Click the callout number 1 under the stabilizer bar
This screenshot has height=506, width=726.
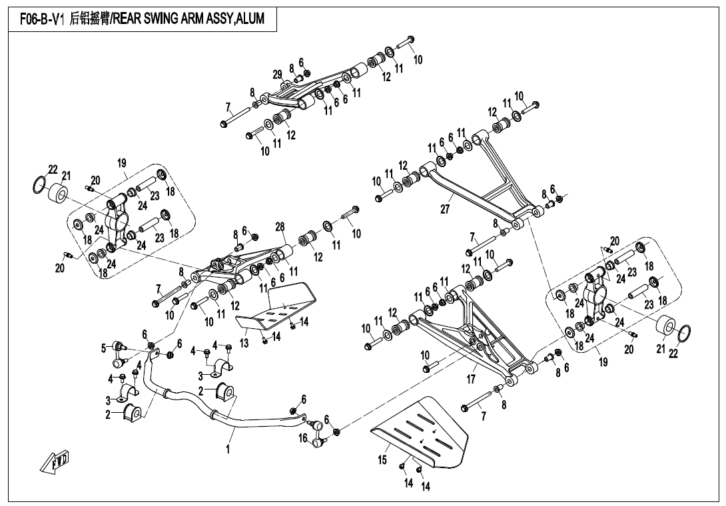click(228, 449)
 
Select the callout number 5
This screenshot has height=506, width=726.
click(104, 347)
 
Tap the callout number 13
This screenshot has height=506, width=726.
click(244, 343)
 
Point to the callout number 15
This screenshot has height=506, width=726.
click(382, 459)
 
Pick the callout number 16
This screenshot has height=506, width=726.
click(303, 438)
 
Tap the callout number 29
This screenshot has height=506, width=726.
click(278, 74)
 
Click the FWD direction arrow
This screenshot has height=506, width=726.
click(56, 462)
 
